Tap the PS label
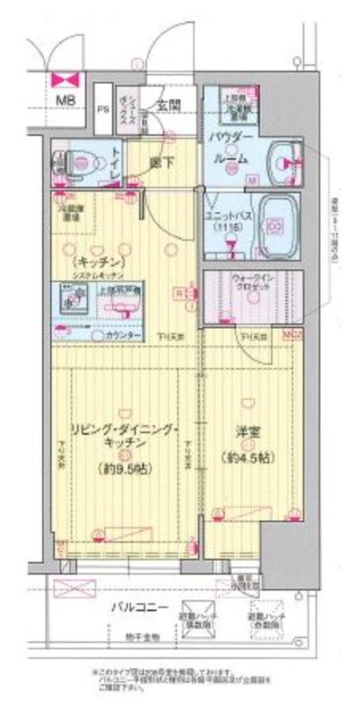click(103, 110)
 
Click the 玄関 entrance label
click(168, 104)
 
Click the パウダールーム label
click(230, 149)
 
